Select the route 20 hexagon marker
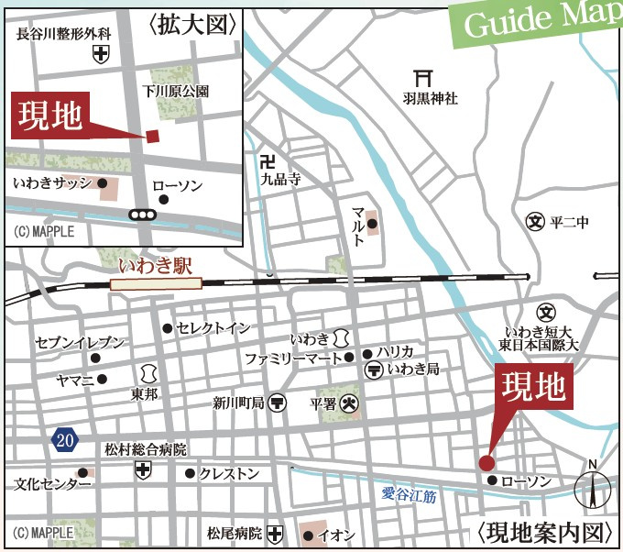pyautogui.click(x=63, y=441)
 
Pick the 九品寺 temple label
pyautogui.click(x=279, y=181)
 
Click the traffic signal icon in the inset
pyautogui.click(x=142, y=215)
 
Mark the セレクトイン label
pyautogui.click(x=213, y=327)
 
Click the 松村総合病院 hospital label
pyautogui.click(x=144, y=450)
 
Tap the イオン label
pyautogui.click(x=336, y=535)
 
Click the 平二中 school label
pyautogui.click(x=569, y=222)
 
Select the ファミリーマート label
pyautogui.click(x=292, y=358)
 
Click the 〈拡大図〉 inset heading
pyautogui.click(x=192, y=24)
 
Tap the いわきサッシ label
pyautogui.click(x=53, y=183)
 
